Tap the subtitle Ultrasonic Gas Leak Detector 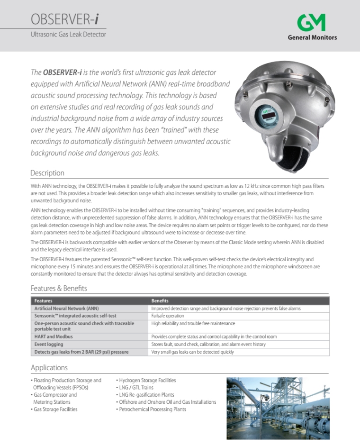click(x=68, y=35)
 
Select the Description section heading click(x=47, y=173)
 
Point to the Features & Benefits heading click(x=59, y=288)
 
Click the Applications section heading click(x=49, y=368)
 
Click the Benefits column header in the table click(x=160, y=301)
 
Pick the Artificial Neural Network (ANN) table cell click(x=67, y=309)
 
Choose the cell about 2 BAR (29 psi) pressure click(x=81, y=352)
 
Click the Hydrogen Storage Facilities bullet click(x=147, y=380)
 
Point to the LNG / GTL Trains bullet click(x=136, y=388)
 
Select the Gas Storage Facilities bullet click(x=55, y=409)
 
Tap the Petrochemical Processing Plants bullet click(x=152, y=409)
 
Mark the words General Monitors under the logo click(x=312, y=38)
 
